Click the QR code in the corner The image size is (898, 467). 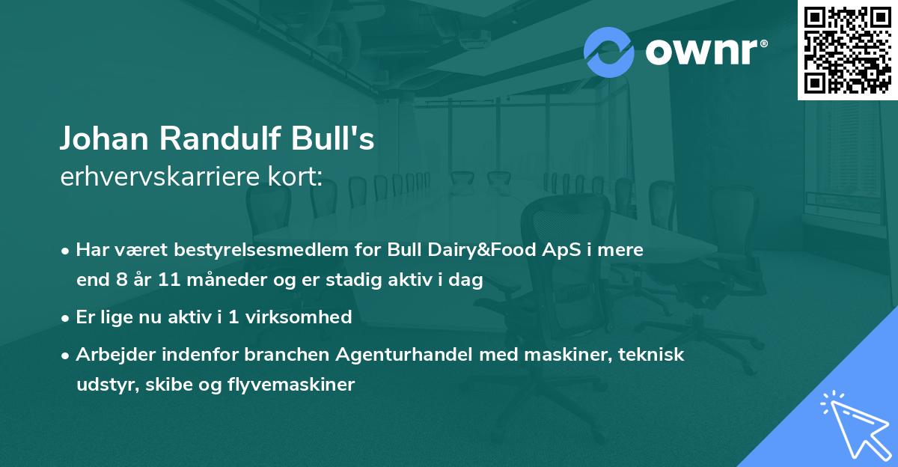[x=848, y=49]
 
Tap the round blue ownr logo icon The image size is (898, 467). [x=609, y=52]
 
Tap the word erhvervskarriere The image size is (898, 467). [x=157, y=177]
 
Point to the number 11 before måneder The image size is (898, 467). [x=169, y=281]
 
